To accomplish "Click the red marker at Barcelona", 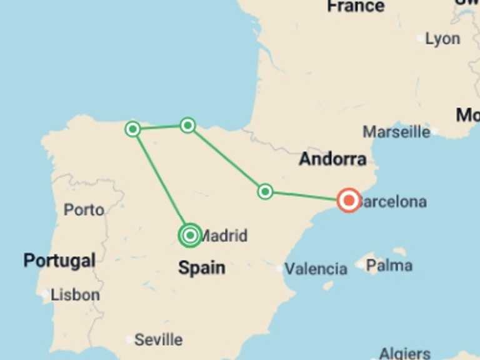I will tap(348, 201).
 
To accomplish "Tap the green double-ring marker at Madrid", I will tap(190, 236).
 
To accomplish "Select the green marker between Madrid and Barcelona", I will tap(265, 191).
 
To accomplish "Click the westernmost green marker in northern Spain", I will tap(132, 129).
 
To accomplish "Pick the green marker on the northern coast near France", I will tap(187, 126).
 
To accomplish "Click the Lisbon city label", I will tap(75, 294).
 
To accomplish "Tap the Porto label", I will tap(84, 210).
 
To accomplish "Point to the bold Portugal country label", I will tap(59, 261).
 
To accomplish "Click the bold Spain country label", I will tap(201, 267).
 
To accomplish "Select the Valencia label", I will tap(316, 269).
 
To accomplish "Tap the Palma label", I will tap(389, 266).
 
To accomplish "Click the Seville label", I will tap(158, 340).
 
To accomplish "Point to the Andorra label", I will tap(332, 159).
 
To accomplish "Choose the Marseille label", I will tap(396, 132).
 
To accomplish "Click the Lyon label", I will tap(442, 39).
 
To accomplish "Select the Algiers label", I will tap(404, 354).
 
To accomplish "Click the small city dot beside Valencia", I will tap(279, 269).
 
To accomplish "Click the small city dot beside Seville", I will tap(129, 340).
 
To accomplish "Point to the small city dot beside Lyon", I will tap(420, 38).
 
